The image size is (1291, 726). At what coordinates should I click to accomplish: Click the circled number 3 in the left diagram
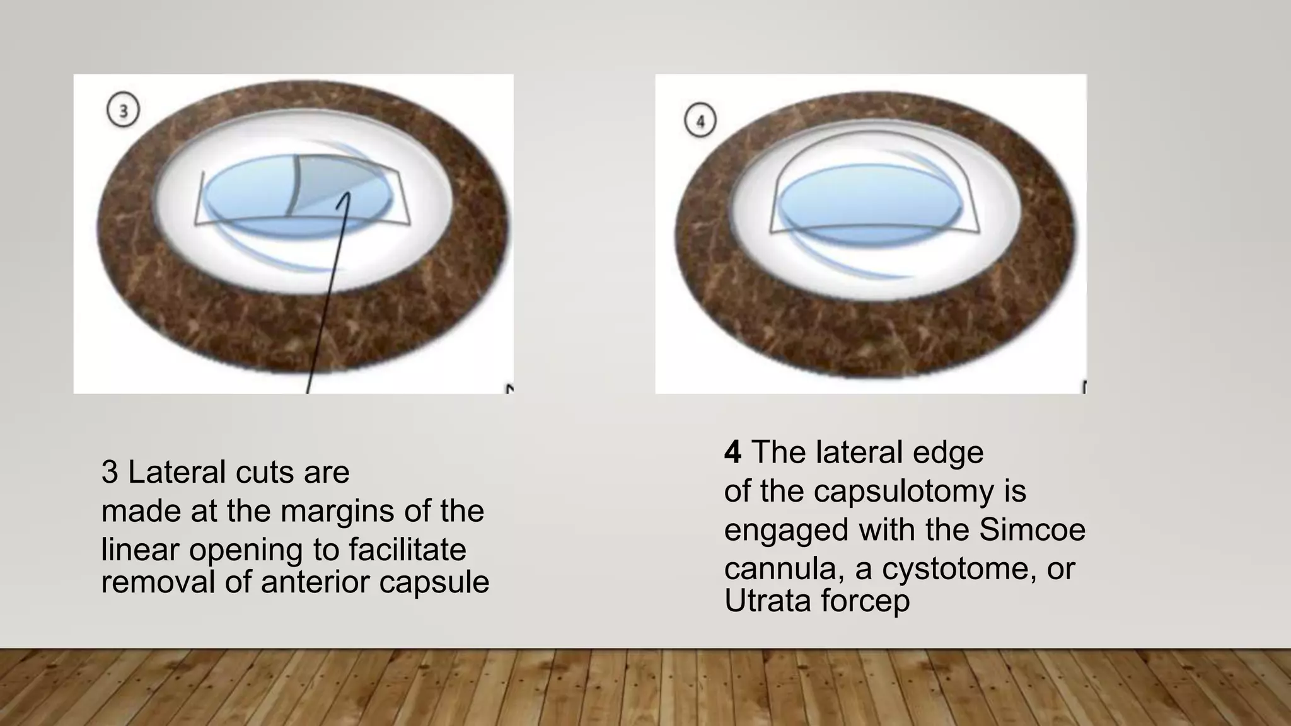pos(123,111)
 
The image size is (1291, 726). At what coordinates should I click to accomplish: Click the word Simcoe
pos(1032,529)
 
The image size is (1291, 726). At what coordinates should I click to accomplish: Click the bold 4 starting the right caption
pos(732,452)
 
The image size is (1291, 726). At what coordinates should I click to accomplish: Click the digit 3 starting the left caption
pos(109,472)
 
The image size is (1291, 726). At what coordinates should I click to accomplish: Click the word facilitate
pos(407,550)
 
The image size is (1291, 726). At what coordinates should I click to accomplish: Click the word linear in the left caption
pos(140,550)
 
